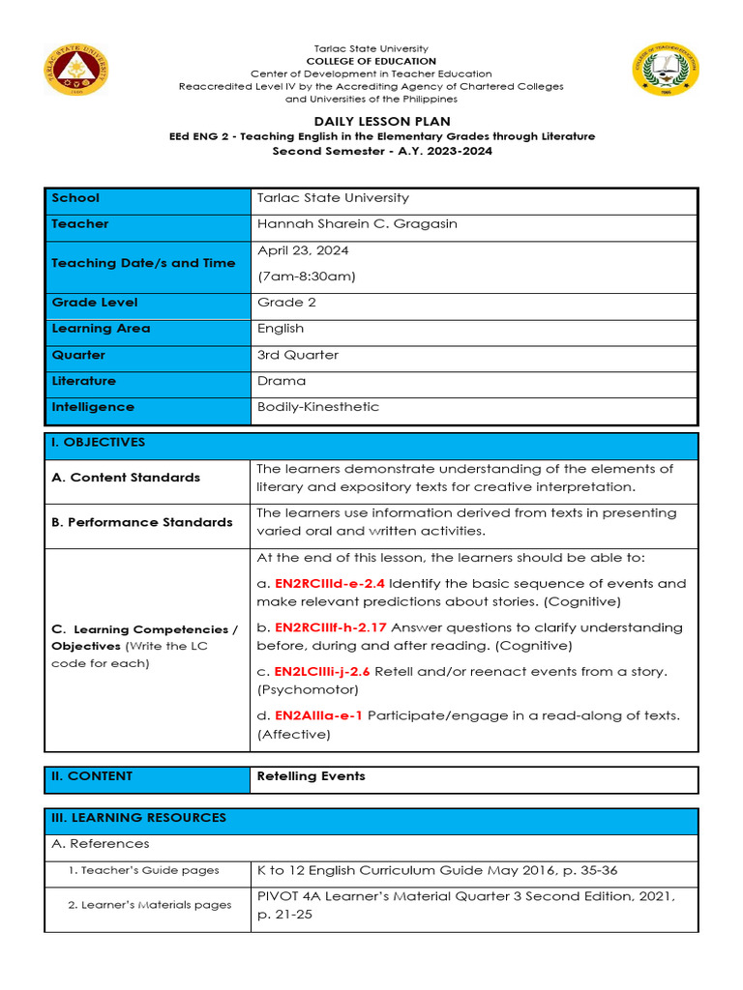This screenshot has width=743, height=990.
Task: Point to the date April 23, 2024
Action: point(303,250)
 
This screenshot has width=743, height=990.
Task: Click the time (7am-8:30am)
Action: point(306,277)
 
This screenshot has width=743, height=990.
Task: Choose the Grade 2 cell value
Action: point(286,303)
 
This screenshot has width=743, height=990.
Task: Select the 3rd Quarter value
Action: point(298,355)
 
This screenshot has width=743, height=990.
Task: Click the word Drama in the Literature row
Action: point(282,381)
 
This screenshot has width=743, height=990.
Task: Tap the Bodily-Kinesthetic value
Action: point(317,407)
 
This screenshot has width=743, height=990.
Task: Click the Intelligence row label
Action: point(93,407)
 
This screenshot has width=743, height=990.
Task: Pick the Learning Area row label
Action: point(101,329)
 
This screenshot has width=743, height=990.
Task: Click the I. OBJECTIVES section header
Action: point(98,443)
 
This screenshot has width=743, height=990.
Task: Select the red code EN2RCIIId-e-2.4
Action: point(329,584)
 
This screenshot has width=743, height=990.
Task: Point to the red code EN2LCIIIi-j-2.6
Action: point(322,672)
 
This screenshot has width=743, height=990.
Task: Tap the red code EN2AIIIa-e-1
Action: point(318,715)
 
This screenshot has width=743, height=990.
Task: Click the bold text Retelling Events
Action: point(311,776)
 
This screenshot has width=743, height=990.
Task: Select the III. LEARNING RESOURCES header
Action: point(138,818)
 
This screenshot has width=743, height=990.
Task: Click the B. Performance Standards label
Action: point(141,522)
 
